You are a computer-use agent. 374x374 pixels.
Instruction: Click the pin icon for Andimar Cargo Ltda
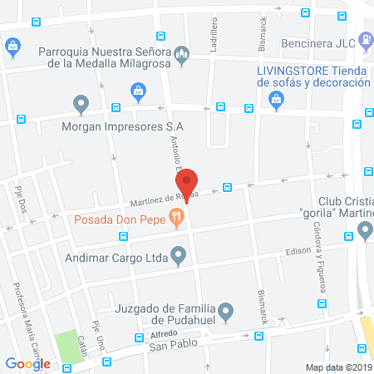click(x=177, y=256)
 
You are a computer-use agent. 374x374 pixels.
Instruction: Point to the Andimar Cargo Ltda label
click(x=118, y=257)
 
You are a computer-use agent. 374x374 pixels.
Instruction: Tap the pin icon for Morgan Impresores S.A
click(x=81, y=105)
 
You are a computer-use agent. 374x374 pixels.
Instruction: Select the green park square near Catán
click(x=71, y=347)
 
